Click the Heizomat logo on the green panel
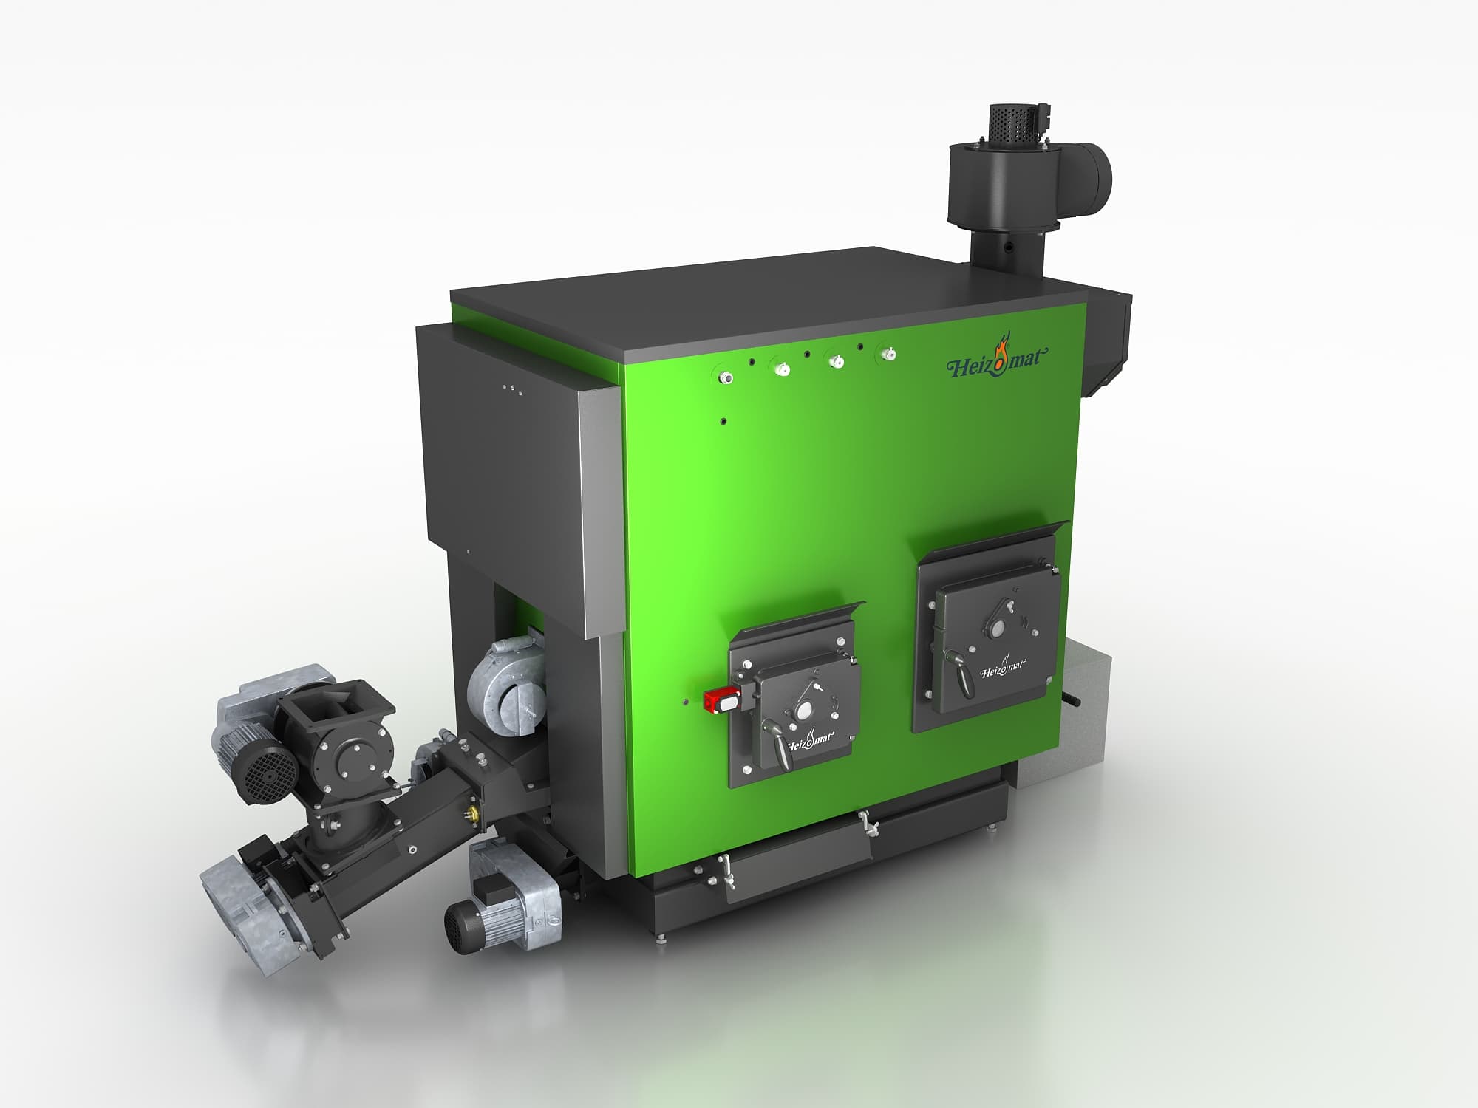[x=997, y=360]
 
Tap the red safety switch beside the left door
[x=721, y=697]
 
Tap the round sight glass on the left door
[x=803, y=711]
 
